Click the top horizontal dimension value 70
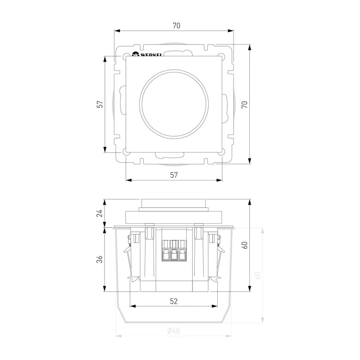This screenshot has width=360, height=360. [x=176, y=26]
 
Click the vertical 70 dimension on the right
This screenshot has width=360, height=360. [x=245, y=104]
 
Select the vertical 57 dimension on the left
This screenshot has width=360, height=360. [x=100, y=104]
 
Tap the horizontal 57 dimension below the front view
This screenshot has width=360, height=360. [x=174, y=175]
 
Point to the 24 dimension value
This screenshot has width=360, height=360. [x=99, y=213]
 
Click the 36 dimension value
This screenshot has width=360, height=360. [x=99, y=260]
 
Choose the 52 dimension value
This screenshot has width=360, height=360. [x=174, y=301]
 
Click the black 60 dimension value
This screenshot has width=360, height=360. [x=245, y=245]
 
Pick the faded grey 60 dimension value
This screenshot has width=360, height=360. [x=257, y=275]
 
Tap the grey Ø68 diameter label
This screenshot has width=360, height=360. [x=174, y=331]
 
